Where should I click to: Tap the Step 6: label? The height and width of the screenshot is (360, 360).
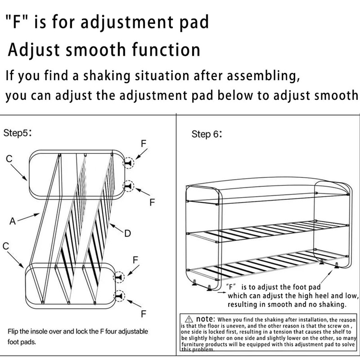point(207,134)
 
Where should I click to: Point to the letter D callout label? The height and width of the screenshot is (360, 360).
point(127,233)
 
